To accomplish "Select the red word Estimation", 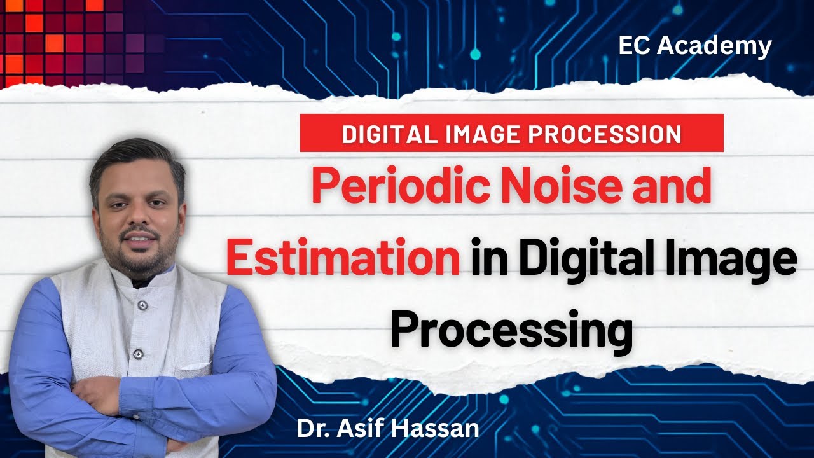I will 343,260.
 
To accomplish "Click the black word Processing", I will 511,331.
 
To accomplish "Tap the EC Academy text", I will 694,46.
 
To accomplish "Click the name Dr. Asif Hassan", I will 388,428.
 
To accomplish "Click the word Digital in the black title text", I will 593,260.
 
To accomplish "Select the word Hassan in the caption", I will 443,428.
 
